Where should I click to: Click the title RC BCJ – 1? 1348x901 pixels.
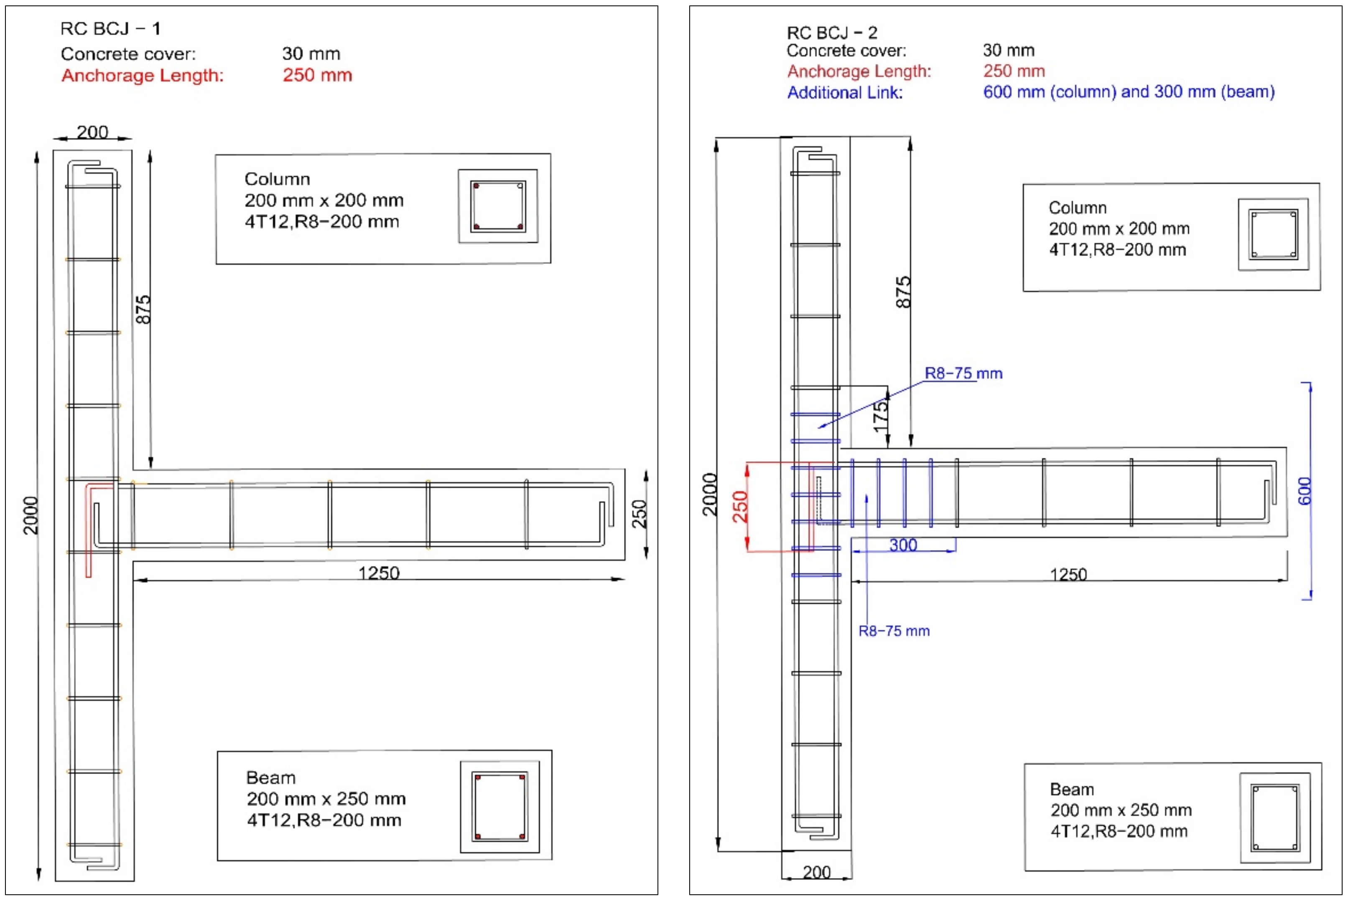pos(110,29)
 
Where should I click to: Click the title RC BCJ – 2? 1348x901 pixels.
pos(831,33)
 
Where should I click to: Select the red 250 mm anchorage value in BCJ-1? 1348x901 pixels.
pos(317,75)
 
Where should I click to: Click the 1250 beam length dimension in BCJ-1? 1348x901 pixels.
pos(378,573)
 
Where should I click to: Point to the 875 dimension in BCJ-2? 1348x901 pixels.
pos(903,292)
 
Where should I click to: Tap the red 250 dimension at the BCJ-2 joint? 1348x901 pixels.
pos(740,506)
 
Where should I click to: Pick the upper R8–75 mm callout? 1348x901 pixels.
pos(963,373)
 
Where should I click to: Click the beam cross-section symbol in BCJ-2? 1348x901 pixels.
pos(1274,818)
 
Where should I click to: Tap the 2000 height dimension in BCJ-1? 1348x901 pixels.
pos(31,515)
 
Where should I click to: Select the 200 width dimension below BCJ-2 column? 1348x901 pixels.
pos(816,872)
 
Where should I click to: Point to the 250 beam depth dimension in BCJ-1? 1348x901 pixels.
pos(639,514)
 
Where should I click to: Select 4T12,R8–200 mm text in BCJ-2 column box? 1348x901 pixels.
pos(1117,250)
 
